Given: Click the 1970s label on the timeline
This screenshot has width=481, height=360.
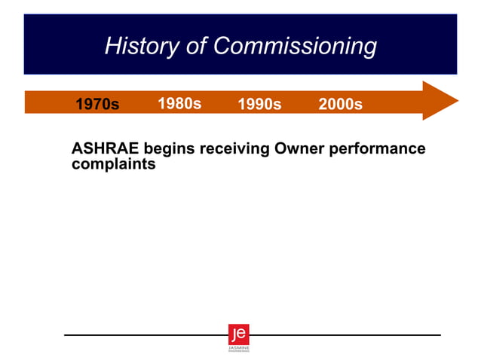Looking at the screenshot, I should coord(97,105).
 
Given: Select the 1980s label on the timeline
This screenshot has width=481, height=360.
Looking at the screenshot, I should coord(179,104).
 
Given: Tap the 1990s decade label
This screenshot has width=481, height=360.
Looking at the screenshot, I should coord(259,105).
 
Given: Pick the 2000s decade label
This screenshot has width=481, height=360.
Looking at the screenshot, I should coord(340,105).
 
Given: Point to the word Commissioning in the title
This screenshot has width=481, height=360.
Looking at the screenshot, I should coord(295,47).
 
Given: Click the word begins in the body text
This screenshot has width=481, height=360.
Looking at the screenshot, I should coord(168,149).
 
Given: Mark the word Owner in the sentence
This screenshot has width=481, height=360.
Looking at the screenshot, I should coord(299,148).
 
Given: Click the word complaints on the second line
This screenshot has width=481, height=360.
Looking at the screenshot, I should coord(113,164).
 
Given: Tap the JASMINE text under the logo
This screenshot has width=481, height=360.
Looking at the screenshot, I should coord(238,348).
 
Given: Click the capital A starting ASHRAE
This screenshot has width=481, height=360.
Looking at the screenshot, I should coord(77,148).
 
